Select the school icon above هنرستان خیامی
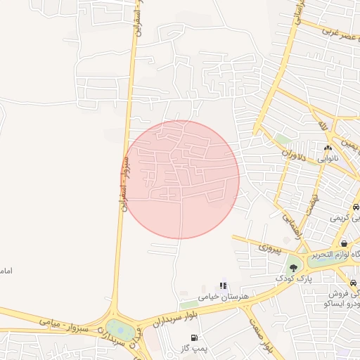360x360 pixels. click(x=223, y=285)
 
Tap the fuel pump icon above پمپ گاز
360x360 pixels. click(x=193, y=337)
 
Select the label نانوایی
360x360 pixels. click(x=327, y=159)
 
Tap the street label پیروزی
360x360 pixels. click(x=269, y=247)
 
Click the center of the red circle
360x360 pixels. click(x=180, y=179)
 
